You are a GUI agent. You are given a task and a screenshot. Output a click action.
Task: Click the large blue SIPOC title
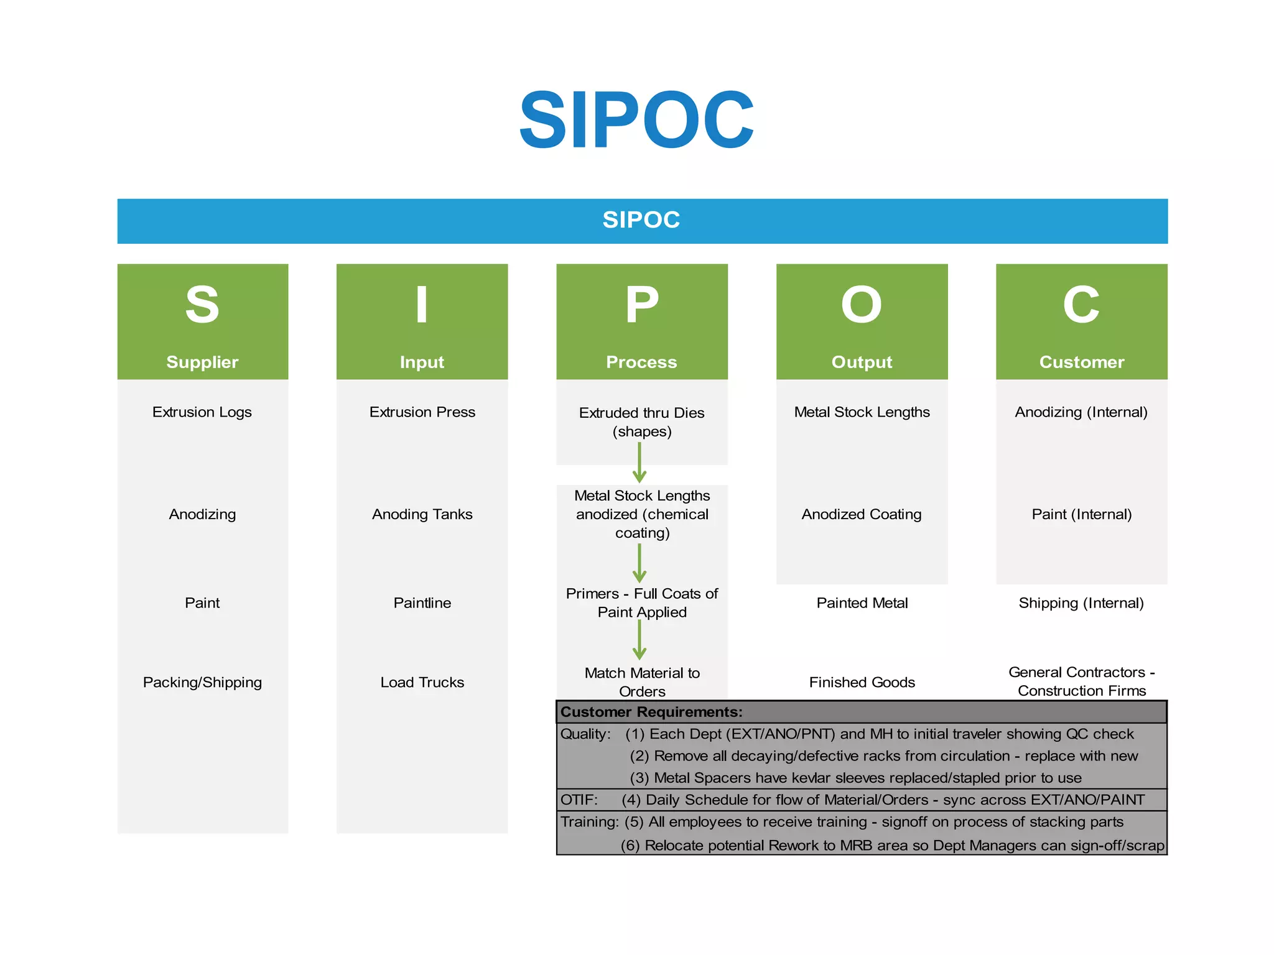(636, 120)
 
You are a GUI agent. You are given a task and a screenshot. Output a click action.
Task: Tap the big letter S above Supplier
(202, 305)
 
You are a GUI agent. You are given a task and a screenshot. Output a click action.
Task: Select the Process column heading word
(641, 362)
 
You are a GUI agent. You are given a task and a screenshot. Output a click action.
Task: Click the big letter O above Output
(862, 305)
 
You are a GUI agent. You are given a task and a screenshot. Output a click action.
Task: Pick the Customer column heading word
(1081, 362)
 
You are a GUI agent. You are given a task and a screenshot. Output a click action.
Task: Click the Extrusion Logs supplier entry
(202, 412)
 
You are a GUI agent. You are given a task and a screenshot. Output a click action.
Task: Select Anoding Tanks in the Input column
(422, 514)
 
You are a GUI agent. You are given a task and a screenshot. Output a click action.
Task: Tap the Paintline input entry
(422, 603)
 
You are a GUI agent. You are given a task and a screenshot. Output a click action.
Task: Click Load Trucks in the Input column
(422, 683)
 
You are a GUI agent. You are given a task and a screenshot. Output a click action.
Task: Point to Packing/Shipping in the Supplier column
(202, 683)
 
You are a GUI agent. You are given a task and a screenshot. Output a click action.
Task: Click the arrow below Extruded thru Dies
(639, 463)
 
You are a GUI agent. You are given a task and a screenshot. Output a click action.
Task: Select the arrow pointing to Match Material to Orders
(639, 640)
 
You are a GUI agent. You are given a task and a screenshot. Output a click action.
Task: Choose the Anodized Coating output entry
(862, 514)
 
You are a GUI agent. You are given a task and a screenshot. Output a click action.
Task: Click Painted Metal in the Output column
(862, 603)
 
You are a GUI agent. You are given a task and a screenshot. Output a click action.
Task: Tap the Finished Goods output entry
(862, 683)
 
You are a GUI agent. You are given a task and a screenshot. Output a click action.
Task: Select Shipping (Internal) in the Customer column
(1081, 603)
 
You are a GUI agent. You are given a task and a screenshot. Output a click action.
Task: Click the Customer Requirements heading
(651, 712)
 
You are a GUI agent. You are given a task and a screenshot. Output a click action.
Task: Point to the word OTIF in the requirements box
(579, 800)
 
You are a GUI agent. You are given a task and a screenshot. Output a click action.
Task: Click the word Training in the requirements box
(588, 822)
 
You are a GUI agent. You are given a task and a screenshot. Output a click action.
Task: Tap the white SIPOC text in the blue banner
(641, 220)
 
